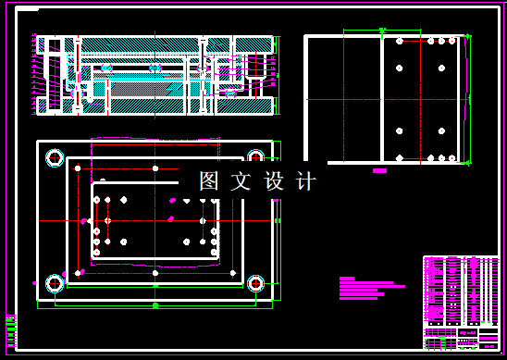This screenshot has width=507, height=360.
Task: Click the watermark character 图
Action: [208, 181]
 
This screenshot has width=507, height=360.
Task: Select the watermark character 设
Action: [275, 181]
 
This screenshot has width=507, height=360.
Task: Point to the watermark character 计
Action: [306, 181]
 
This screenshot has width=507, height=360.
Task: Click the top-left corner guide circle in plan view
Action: [53, 156]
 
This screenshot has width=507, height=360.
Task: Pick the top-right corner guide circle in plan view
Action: [256, 156]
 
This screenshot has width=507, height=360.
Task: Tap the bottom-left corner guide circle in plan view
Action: [53, 282]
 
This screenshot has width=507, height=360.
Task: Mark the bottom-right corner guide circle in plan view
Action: [256, 282]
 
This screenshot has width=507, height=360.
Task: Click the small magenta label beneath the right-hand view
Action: [379, 171]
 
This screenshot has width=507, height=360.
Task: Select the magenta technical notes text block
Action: [370, 288]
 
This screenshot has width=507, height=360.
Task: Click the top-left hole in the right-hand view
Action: [399, 42]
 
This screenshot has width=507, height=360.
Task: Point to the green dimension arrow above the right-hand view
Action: [382, 31]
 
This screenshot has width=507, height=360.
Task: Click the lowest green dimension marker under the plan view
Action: [155, 304]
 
